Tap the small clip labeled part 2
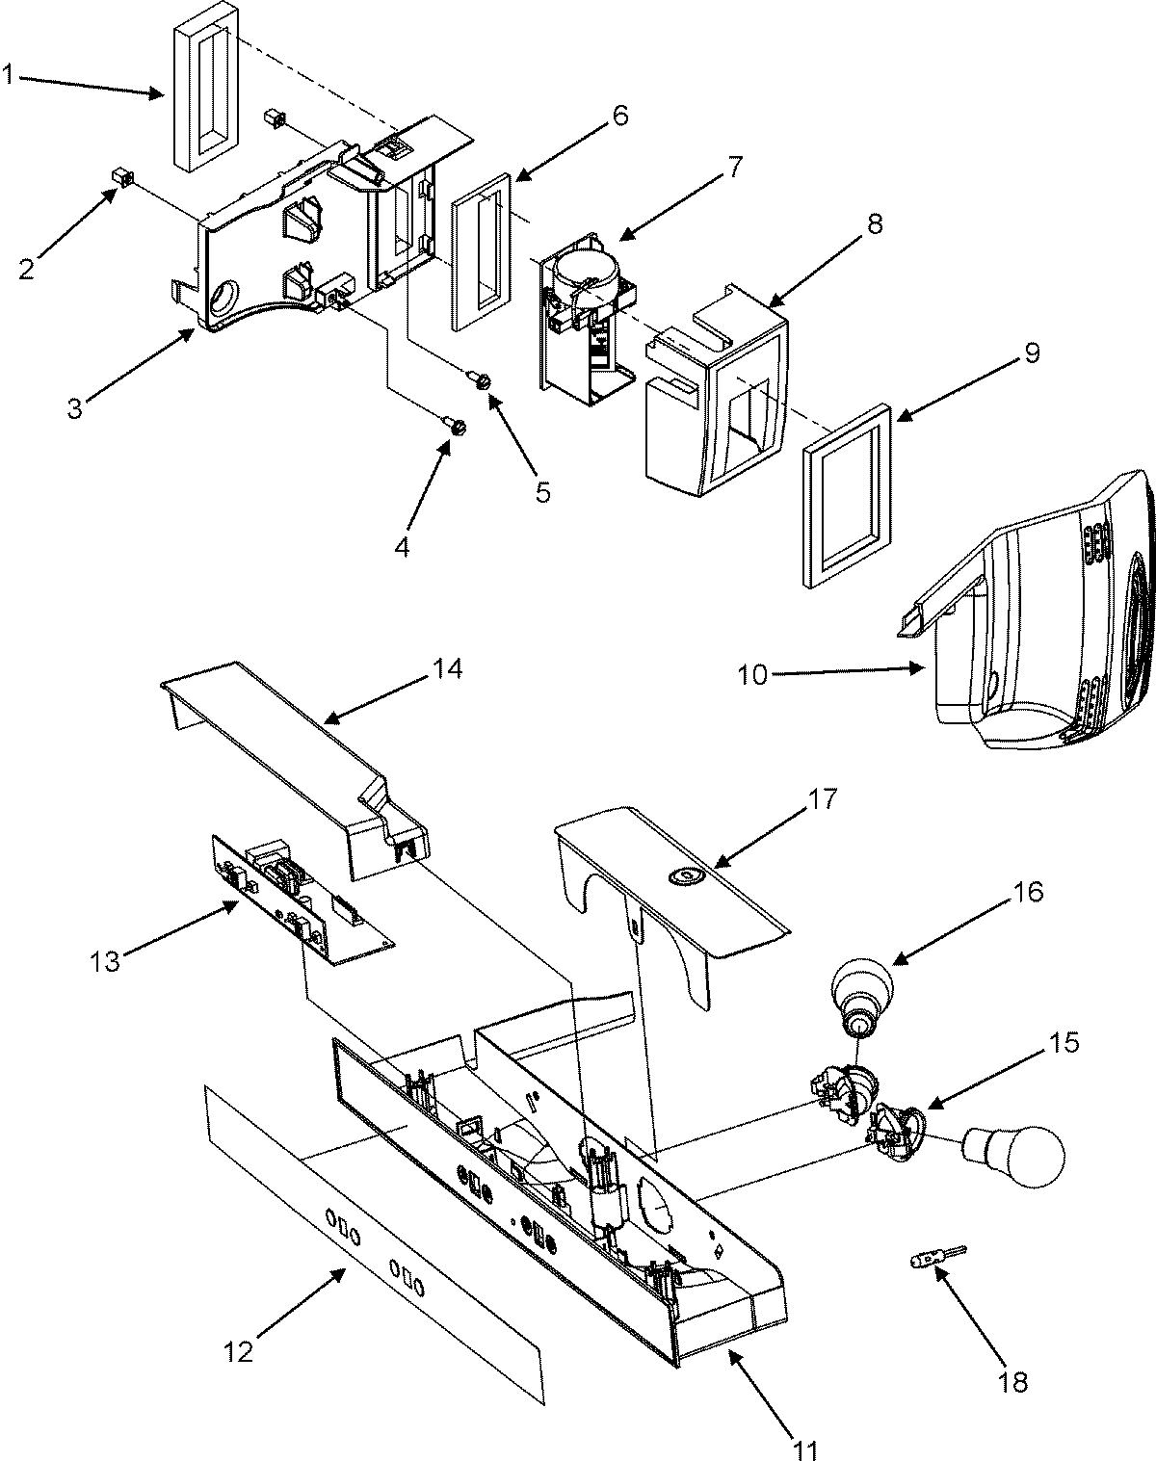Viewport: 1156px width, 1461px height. (x=121, y=177)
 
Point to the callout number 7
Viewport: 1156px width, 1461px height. (x=735, y=166)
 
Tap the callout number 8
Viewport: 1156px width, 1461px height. (x=874, y=225)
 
